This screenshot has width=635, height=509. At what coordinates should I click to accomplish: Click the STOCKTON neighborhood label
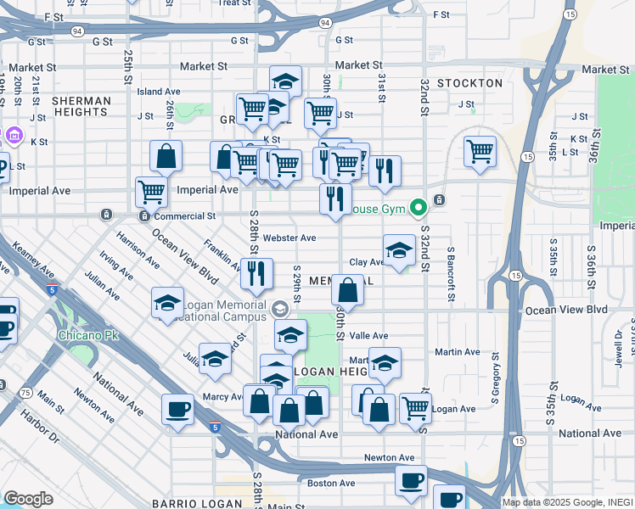[469, 83]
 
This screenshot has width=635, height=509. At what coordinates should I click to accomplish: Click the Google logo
[28, 498]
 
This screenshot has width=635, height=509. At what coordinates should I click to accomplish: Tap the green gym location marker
[418, 206]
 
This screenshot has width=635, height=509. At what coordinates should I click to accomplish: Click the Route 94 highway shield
[77, 31]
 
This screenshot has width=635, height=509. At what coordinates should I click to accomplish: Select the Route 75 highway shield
[26, 393]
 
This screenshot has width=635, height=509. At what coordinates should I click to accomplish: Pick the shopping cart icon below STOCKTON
[480, 152]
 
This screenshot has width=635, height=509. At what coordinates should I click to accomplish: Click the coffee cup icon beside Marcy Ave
[178, 409]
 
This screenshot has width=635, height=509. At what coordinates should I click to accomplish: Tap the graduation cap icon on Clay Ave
[399, 250]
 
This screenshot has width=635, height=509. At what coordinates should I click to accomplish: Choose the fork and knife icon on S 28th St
[256, 273]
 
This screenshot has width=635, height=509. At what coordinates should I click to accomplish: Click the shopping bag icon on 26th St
[166, 156]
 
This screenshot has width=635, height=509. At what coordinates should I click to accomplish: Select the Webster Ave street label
[289, 238]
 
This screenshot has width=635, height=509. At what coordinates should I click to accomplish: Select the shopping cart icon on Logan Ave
[415, 408]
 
